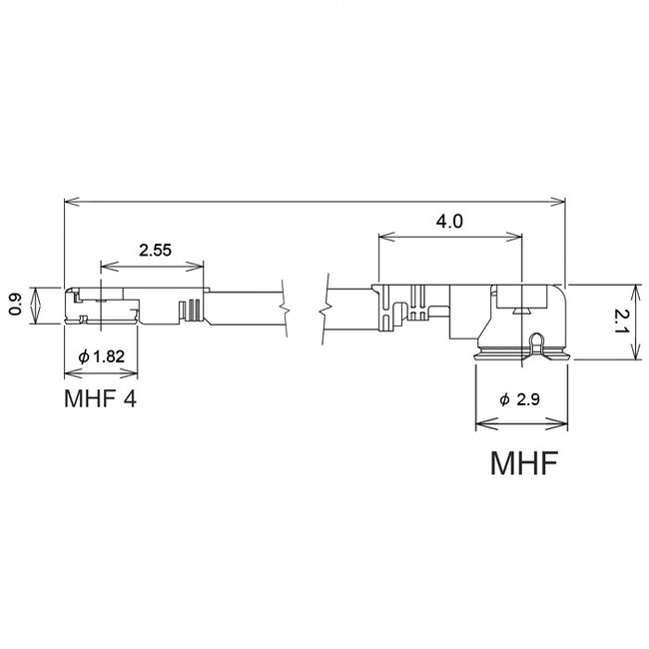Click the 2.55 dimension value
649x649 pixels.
tap(153, 251)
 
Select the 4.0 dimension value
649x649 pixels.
tap(450, 222)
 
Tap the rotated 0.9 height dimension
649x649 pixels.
tap(14, 305)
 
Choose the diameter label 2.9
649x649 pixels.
tap(520, 399)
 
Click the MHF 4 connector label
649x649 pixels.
tap(99, 401)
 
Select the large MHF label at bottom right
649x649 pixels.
tap(522, 465)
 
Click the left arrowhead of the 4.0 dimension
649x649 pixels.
tap(382, 237)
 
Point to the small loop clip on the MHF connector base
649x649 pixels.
tap(537, 344)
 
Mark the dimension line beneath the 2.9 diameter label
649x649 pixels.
tap(520, 421)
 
